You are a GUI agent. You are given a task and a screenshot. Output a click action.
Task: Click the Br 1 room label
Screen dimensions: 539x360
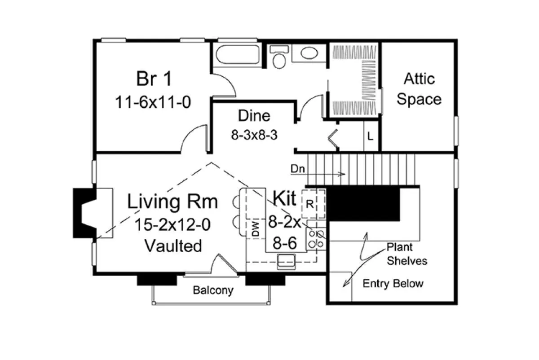[x=154, y=79]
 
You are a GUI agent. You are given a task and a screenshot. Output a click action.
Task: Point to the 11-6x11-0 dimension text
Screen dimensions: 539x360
[x=153, y=102]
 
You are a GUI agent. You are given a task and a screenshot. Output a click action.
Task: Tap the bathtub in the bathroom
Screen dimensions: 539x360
[x=238, y=55]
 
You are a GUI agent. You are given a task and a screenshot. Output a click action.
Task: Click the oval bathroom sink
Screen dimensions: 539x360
[x=309, y=53]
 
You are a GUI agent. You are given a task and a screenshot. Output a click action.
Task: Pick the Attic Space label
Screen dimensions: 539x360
[x=419, y=89]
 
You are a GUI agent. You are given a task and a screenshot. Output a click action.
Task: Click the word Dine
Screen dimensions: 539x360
[x=254, y=116]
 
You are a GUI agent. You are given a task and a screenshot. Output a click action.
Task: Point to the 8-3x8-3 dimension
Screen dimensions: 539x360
[x=254, y=135]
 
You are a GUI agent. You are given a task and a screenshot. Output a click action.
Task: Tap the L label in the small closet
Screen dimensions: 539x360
[x=370, y=136]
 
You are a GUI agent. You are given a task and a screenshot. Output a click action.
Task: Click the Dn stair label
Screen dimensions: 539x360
[x=298, y=169]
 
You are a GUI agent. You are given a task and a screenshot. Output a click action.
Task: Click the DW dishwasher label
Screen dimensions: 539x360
[x=255, y=228]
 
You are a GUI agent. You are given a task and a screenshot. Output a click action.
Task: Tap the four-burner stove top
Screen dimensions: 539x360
[x=316, y=239]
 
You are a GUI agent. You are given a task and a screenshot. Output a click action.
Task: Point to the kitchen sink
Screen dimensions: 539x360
[x=286, y=262]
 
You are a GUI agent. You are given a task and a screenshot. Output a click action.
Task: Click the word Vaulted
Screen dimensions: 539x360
[x=173, y=246]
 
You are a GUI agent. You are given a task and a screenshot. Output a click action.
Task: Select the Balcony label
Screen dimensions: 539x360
[x=213, y=290]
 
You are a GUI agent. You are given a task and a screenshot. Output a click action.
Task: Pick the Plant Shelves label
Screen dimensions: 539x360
[x=407, y=254]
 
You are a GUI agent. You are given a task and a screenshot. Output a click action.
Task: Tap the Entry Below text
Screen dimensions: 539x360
[x=393, y=284]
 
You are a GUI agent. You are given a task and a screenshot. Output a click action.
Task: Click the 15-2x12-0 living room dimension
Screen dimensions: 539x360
[x=172, y=224]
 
